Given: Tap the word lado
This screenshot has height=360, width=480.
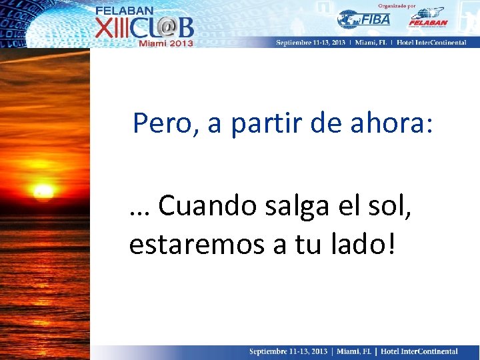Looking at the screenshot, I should (x=357, y=244).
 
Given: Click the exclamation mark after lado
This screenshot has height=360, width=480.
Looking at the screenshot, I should (x=391, y=244).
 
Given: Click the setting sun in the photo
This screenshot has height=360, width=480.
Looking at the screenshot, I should (x=43, y=193).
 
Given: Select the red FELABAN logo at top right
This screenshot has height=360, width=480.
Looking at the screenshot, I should (x=427, y=18).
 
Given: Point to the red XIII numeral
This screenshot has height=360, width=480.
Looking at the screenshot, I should (x=113, y=27).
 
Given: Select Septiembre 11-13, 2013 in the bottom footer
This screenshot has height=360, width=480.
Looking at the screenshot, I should (x=289, y=351).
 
